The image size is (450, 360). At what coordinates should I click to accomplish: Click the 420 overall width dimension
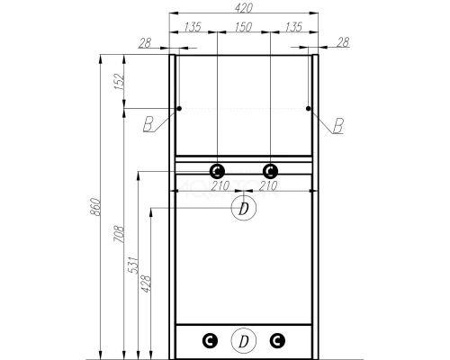(243, 7)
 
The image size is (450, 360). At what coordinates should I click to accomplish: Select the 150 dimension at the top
(243, 27)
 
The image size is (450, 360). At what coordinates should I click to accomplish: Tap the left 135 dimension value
(192, 27)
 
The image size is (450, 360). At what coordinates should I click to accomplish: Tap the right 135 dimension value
(293, 27)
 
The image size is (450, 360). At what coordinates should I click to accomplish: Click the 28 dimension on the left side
(144, 42)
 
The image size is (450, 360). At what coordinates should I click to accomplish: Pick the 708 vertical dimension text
(117, 236)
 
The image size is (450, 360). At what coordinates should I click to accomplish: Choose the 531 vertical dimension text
(131, 267)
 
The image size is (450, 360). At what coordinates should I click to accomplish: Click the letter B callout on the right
(337, 126)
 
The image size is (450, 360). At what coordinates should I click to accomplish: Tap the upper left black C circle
(217, 170)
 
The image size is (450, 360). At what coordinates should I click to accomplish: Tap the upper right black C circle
(269, 170)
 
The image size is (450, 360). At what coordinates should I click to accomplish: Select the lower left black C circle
(209, 339)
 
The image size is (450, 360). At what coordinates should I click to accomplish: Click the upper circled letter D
(242, 209)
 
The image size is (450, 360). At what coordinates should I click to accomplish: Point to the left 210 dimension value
(217, 186)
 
